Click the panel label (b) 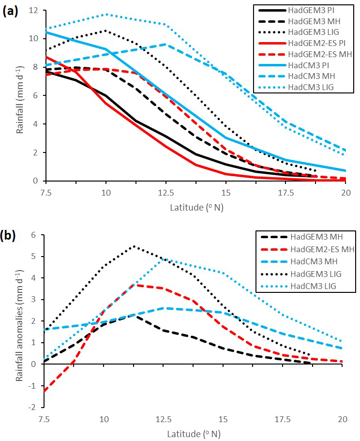pyautogui.click(x=11, y=236)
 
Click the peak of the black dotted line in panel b pyautogui.click(x=134, y=246)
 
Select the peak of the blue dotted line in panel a pyautogui.click(x=106, y=14)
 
